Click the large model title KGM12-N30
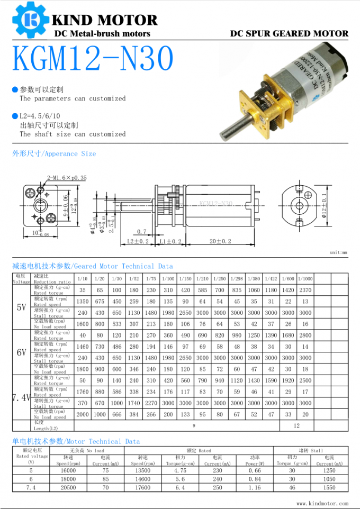tap(93, 59)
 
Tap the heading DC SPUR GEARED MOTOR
tap(289, 33)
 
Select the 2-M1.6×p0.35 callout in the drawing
tap(67, 178)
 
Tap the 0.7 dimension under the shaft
tap(141, 232)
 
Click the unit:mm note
tap(338, 252)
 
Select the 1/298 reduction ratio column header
tap(237, 279)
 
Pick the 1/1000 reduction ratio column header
tap(305, 279)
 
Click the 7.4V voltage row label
tap(22, 397)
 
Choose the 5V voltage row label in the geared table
tap(22, 307)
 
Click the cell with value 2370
tap(305, 290)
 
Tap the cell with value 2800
tap(305, 335)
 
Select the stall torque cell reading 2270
tap(151, 403)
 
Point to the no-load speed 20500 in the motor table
tap(68, 487)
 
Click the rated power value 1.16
tap(254, 487)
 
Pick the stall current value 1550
tap(329, 487)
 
